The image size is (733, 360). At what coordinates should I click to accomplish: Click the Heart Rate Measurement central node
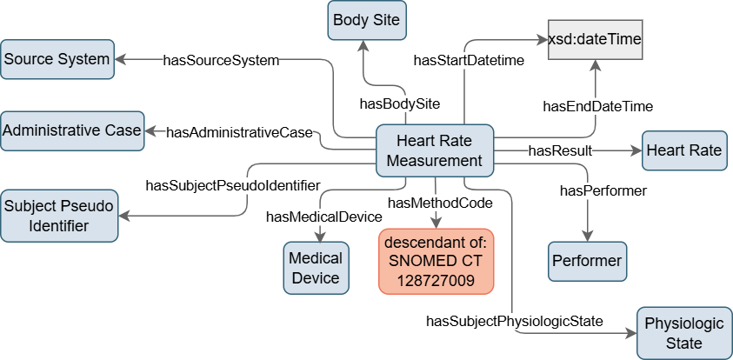click(434, 150)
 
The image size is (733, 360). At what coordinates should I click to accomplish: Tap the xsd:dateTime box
click(595, 38)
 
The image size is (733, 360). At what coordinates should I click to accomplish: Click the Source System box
click(57, 59)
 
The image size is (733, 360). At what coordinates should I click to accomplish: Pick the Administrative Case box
click(71, 130)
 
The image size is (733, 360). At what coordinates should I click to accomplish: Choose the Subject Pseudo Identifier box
click(58, 216)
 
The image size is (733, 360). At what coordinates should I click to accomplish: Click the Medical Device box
click(315, 268)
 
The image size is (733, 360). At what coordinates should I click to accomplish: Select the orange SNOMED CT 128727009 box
click(436, 259)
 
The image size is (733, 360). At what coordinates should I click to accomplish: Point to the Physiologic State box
click(683, 332)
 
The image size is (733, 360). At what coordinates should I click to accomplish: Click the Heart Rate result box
click(683, 150)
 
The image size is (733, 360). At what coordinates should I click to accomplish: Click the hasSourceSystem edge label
click(221, 61)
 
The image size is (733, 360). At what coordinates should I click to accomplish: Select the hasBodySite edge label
click(400, 103)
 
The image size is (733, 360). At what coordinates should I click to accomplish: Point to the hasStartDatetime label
click(462, 61)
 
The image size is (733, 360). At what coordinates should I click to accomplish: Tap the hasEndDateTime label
click(597, 106)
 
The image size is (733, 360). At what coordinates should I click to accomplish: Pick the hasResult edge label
click(560, 151)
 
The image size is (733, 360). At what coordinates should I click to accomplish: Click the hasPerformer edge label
click(603, 190)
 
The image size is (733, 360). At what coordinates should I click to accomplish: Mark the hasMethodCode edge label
click(440, 203)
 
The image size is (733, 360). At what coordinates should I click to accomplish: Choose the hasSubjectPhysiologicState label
click(514, 322)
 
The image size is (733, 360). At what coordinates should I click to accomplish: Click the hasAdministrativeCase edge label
click(239, 132)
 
